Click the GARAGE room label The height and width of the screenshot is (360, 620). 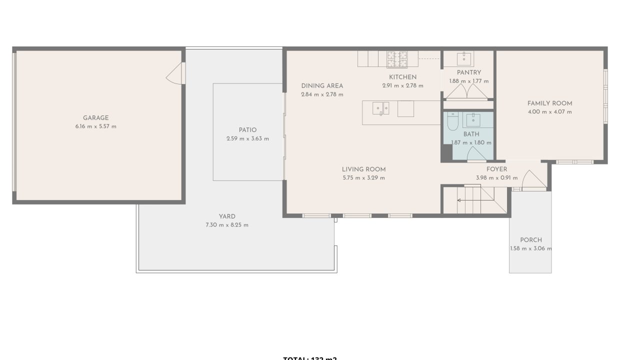[95, 118]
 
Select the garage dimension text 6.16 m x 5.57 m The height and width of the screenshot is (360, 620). [95, 126]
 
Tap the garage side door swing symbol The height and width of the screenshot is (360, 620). [175, 73]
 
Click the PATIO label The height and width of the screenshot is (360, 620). [247, 130]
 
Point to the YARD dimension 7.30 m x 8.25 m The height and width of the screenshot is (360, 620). [227, 225]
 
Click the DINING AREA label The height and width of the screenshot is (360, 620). [322, 86]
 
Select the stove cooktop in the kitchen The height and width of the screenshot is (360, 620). [397, 59]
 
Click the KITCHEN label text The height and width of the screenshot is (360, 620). [402, 77]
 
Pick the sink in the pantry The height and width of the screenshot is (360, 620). [465, 58]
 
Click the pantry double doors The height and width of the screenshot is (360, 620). [466, 91]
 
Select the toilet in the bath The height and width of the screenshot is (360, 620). [452, 121]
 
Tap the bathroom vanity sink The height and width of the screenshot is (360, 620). [472, 120]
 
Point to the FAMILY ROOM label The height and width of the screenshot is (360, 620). [549, 103]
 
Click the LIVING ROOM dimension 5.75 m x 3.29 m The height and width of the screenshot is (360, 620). [363, 177]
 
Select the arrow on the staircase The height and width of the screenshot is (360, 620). [459, 200]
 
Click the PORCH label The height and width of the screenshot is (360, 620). [530, 240]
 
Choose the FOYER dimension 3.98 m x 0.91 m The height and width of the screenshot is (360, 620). [496, 177]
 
